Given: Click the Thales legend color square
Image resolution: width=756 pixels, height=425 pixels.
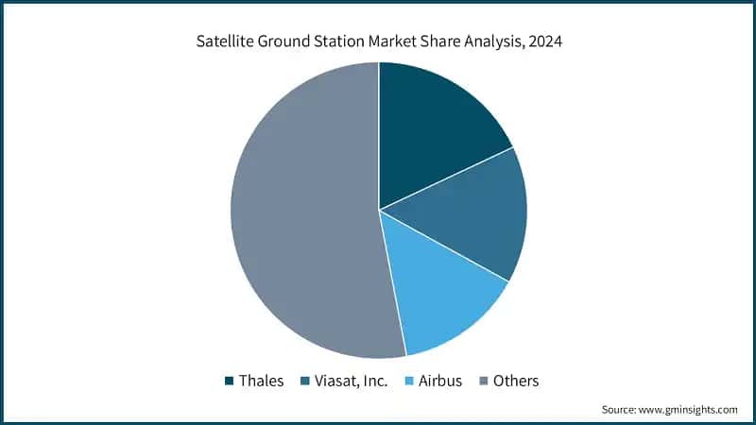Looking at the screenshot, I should pos(229,382).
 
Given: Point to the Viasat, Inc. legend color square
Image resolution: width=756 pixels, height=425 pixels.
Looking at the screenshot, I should pos(305,382).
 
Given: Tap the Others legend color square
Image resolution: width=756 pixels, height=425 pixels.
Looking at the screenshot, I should pos(484,382).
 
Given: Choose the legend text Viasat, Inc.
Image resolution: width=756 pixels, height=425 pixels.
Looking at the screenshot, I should pos(351,381).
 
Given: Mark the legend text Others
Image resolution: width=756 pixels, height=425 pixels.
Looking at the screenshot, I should pos(515,381).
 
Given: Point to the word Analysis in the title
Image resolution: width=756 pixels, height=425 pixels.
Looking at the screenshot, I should pos(485,42).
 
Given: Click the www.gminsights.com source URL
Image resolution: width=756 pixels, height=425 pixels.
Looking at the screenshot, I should pos(687,410).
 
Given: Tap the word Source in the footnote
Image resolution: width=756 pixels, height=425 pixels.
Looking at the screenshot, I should pos(618,410).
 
